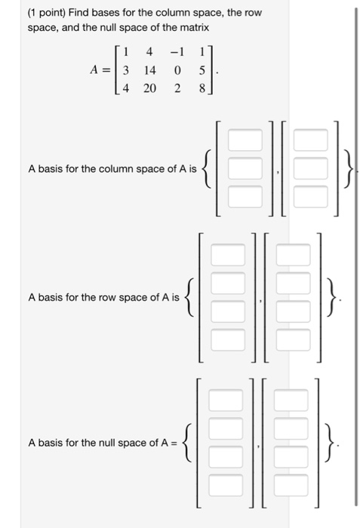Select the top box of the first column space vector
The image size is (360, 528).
pos(246,140)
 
